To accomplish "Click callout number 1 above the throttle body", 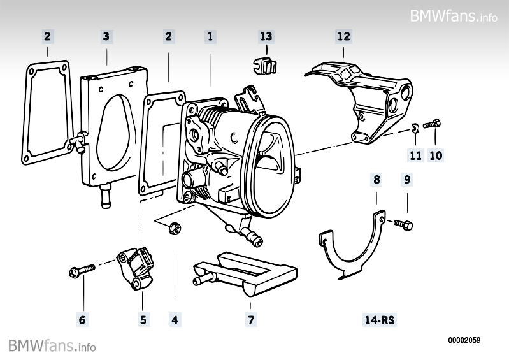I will pyautogui.click(x=210, y=37).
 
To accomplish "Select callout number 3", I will pyautogui.click(x=106, y=37).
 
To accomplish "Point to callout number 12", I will pyautogui.click(x=343, y=37).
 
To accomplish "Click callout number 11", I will pyautogui.click(x=415, y=155).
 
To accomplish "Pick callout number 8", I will pyautogui.click(x=376, y=180).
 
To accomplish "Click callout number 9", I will pyautogui.click(x=407, y=180).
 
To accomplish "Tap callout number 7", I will pyautogui.click(x=251, y=319).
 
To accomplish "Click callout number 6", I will pyautogui.click(x=82, y=319).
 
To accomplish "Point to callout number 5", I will pyautogui.click(x=143, y=319).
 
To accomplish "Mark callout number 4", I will pyautogui.click(x=175, y=319).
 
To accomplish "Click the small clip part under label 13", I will pyautogui.click(x=266, y=65).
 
